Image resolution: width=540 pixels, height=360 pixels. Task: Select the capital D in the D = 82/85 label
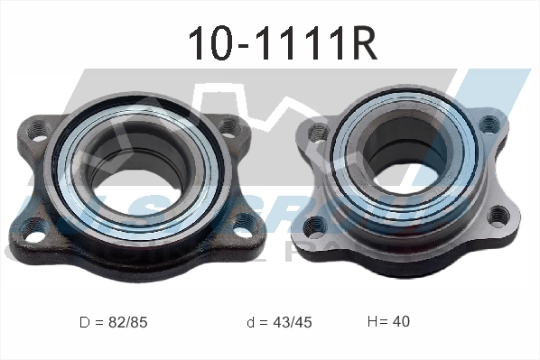pyautogui.click(x=84, y=321)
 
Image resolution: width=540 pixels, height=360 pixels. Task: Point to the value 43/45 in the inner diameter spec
pyautogui.click(x=293, y=321)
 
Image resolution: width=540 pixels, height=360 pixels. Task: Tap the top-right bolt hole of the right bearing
pyautogui.click(x=489, y=124)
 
